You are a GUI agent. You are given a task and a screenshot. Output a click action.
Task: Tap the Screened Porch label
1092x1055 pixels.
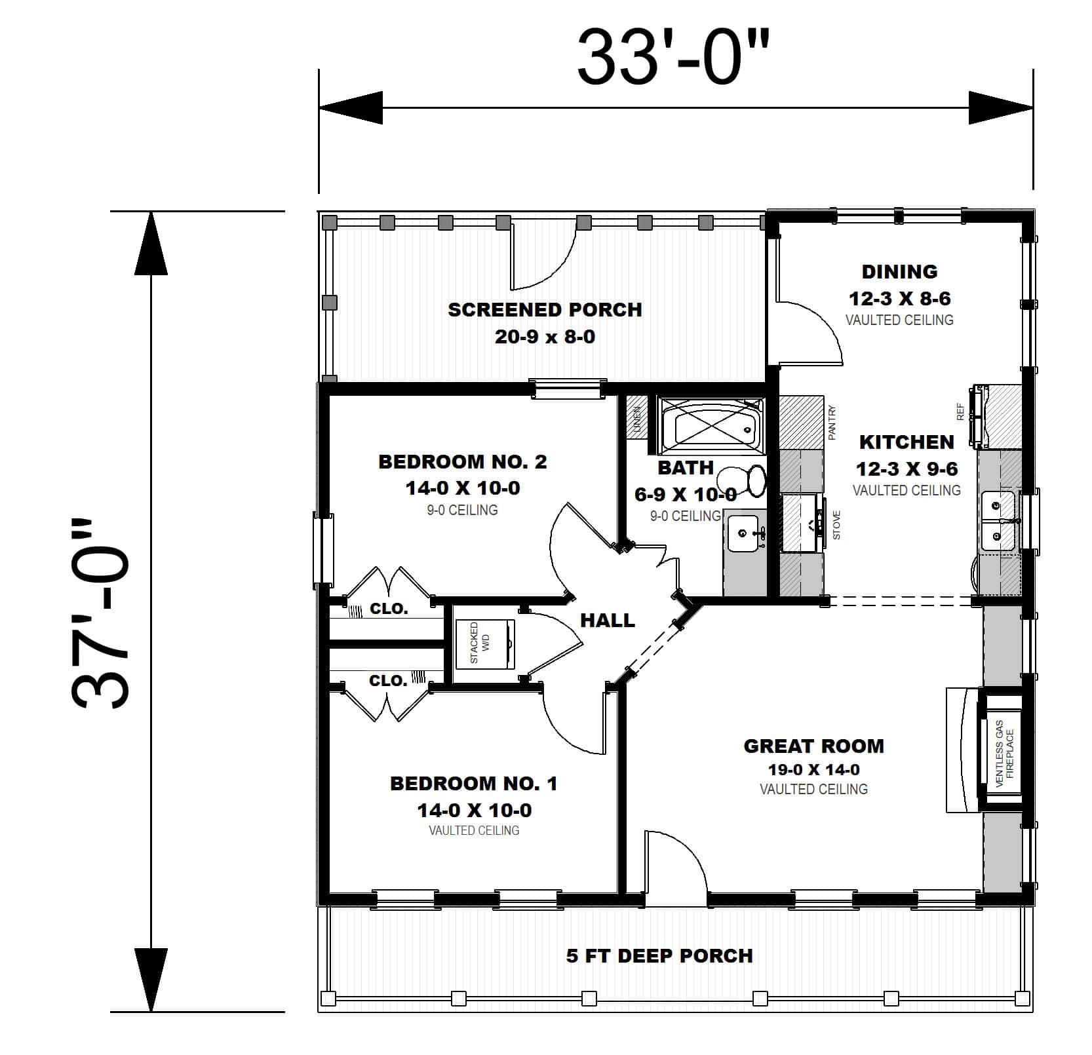pos(544,310)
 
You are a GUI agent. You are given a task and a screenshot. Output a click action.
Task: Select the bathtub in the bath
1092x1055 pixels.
pos(711,425)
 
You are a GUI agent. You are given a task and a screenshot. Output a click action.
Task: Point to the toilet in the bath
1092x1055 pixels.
pos(747,480)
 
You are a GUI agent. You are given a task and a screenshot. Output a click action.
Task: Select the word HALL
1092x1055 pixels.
pos(607,620)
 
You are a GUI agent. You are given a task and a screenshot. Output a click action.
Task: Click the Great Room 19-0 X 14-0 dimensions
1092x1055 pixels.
pos(813,769)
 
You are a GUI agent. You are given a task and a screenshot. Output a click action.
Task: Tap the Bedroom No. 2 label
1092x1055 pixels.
pos(462,462)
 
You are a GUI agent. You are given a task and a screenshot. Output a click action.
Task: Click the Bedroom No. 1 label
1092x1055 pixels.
pos(473,783)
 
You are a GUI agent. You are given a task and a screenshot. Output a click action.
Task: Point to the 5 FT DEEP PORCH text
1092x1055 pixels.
pos(659,956)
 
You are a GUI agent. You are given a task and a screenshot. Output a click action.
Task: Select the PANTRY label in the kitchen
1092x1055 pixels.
pos(832,423)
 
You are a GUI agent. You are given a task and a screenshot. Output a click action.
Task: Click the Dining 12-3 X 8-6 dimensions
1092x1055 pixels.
pos(899,299)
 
